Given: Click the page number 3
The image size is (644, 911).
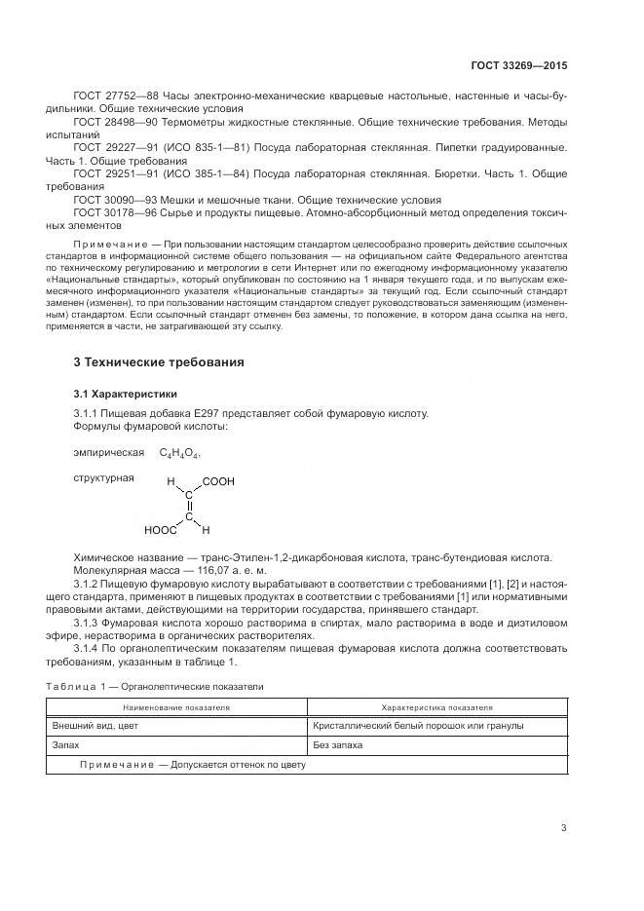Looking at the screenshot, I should (x=563, y=828).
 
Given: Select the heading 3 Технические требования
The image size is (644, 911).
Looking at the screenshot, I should (x=159, y=362).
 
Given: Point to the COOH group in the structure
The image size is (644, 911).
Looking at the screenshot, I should (x=218, y=481).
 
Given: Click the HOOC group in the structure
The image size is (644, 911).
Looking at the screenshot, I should (x=160, y=531).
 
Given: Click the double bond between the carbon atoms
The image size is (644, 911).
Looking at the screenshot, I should (x=189, y=506).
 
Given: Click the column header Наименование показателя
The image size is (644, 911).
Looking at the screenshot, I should (x=176, y=707).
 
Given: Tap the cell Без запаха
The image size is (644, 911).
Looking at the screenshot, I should (x=337, y=744).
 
